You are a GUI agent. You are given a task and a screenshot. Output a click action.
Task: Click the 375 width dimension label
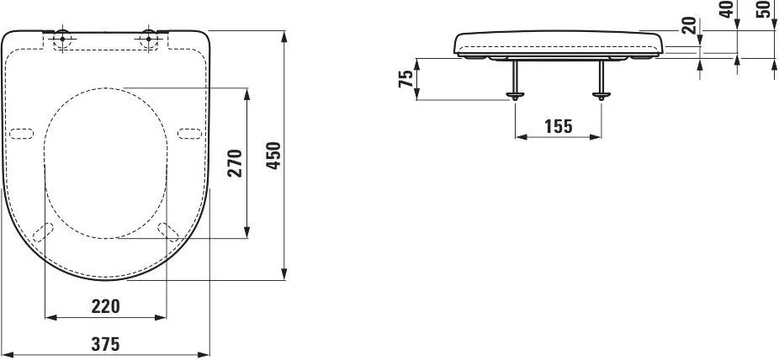(x=105, y=344)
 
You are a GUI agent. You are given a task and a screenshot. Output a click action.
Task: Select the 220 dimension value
(x=105, y=306)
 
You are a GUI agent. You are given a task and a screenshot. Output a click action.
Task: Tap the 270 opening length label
(x=235, y=163)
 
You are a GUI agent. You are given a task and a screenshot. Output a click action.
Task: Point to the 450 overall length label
(x=273, y=156)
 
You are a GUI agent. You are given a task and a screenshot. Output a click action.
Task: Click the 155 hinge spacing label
(x=559, y=127)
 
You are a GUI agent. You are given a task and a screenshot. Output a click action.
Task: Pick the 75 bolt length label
(x=405, y=79)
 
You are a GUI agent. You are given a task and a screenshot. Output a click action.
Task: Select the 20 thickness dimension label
(x=689, y=25)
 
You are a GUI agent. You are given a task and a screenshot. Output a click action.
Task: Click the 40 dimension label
(x=728, y=9)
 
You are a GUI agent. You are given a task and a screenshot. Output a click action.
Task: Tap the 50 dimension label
(x=764, y=9)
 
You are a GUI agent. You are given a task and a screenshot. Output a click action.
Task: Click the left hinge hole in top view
(x=62, y=38)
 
